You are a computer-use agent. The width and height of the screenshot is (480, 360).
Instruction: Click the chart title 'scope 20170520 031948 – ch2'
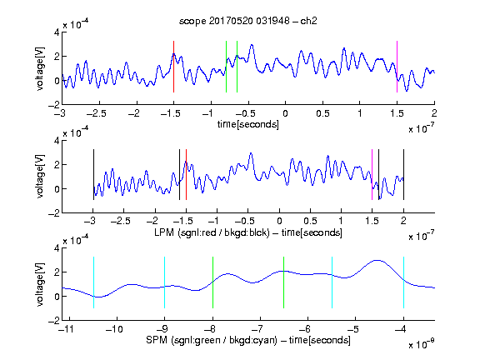[x=247, y=21]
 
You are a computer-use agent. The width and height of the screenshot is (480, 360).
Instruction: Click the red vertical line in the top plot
[x=173, y=67]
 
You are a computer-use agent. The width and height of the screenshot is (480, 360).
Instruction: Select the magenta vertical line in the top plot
[x=397, y=67]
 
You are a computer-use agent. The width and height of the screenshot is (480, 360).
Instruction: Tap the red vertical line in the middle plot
[x=186, y=174]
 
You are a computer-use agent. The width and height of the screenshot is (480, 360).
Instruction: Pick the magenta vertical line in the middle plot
[x=372, y=174]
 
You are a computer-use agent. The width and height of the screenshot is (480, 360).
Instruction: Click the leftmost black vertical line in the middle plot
[x=93, y=174]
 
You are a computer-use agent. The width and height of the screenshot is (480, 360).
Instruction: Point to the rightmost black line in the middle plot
[x=404, y=174]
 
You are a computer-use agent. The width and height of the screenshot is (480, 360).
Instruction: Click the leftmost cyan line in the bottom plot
[x=93, y=282]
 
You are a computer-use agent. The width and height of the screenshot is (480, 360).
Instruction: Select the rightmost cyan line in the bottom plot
[x=404, y=282]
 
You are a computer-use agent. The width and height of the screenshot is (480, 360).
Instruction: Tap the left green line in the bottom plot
[x=212, y=282]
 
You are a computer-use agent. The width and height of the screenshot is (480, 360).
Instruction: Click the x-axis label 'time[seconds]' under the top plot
[x=248, y=124]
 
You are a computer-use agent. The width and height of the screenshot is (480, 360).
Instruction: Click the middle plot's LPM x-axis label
[x=248, y=232]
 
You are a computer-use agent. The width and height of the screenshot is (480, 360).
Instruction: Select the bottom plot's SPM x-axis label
[x=248, y=340]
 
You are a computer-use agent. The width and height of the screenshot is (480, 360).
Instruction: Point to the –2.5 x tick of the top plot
[x=97, y=113]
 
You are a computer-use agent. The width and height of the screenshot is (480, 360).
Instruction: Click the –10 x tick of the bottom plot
[x=114, y=329]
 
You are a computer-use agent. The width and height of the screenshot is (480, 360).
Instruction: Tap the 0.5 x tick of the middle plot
[x=310, y=221]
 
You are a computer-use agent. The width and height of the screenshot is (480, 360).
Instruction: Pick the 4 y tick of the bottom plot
[x=57, y=248]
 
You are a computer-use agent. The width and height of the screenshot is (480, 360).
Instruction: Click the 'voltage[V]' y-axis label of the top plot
[x=40, y=68]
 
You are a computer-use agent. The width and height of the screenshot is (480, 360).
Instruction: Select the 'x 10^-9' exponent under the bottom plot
[x=422, y=344]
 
